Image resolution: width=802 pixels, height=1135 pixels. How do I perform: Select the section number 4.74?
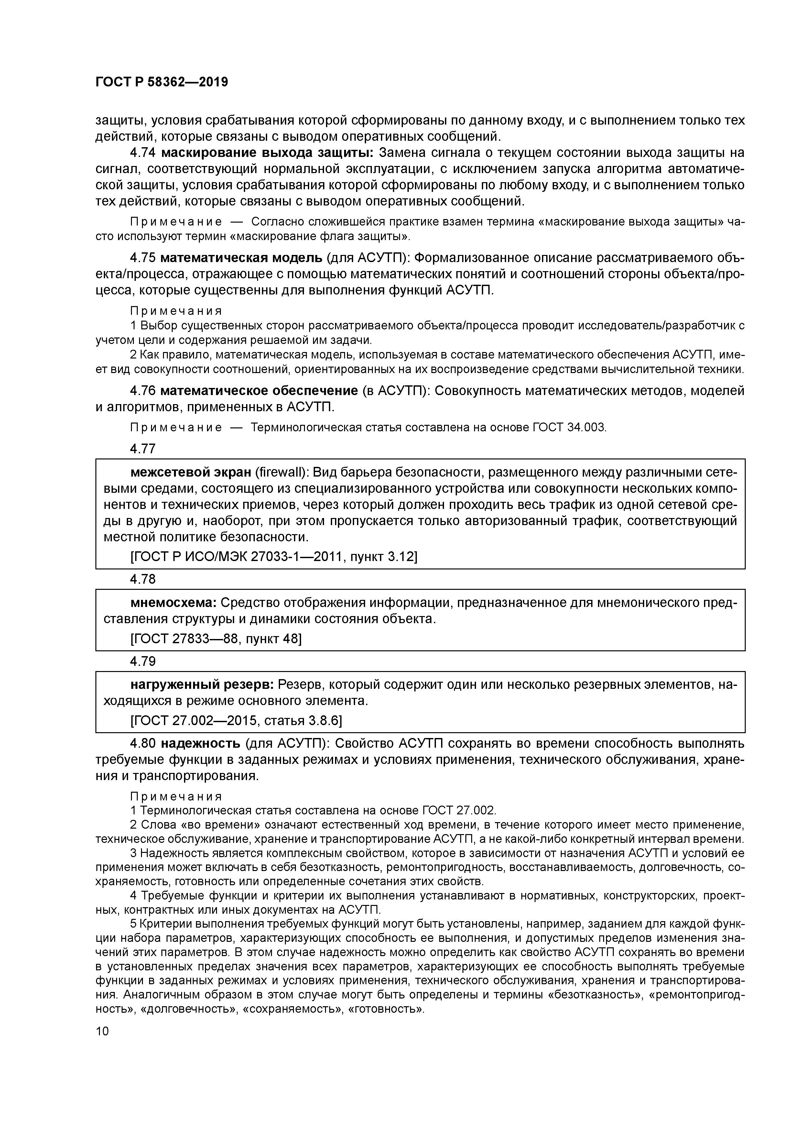pos(142,153)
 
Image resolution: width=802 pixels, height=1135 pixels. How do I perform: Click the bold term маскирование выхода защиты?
pos(267,153)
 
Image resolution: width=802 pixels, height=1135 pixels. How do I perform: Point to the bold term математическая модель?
pos(242,258)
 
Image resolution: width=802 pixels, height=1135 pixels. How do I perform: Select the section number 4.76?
pos(142,391)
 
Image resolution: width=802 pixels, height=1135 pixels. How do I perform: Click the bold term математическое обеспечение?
pos(259,391)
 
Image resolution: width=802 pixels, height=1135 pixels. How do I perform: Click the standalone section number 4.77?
pos(142,449)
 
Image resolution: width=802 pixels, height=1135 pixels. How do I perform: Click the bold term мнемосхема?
pos(173,603)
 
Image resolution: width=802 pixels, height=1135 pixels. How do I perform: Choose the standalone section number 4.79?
pos(142,661)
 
